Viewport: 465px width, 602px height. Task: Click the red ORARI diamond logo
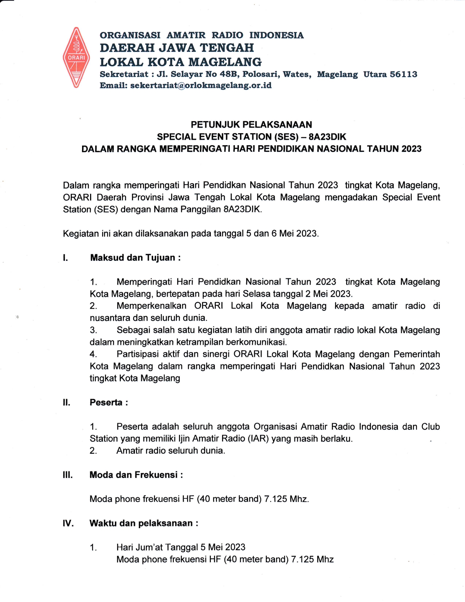pos(76,57)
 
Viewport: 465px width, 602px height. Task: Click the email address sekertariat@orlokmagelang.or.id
pos(201,85)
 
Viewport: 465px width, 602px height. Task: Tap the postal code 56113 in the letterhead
pos(403,74)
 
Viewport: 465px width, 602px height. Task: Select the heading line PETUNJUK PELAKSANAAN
pos(251,125)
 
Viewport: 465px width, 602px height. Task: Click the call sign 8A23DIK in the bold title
pos(327,137)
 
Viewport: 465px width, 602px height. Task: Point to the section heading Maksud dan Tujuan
pos(135,258)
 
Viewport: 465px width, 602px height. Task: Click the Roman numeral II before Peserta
pos(66,402)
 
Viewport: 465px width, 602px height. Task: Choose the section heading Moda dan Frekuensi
pos(136,475)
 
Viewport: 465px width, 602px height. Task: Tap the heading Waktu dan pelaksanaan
pos(144,523)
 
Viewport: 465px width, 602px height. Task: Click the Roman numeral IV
pos(68,523)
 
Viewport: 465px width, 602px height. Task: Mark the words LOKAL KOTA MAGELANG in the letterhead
pos(181,62)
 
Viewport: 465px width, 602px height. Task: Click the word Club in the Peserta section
pos(430,427)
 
